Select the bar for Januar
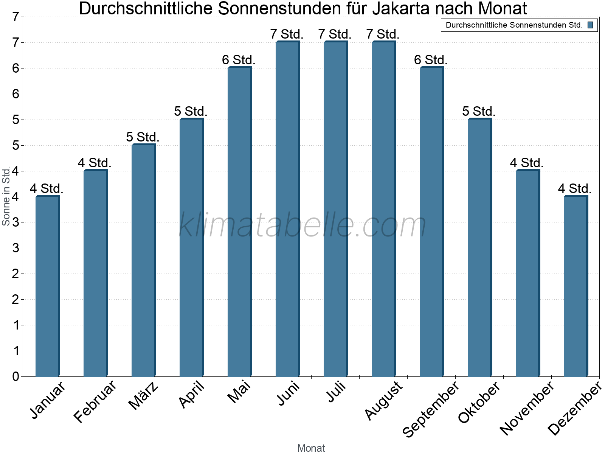coord(47,286)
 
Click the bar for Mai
coord(239,222)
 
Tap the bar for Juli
coord(335,209)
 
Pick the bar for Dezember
coord(576,286)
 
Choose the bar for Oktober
coord(479,247)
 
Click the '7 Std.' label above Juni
coord(287,34)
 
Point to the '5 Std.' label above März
coord(143,137)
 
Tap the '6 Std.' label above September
coord(431,60)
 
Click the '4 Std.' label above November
coord(527,163)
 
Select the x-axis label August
coord(384,400)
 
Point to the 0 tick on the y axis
coord(16,376)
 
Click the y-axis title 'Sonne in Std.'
coord(6,196)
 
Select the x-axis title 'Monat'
coord(311,448)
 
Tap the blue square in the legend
coord(590,25)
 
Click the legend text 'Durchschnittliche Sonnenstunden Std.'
coord(514,25)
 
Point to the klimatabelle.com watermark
coord(302,225)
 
